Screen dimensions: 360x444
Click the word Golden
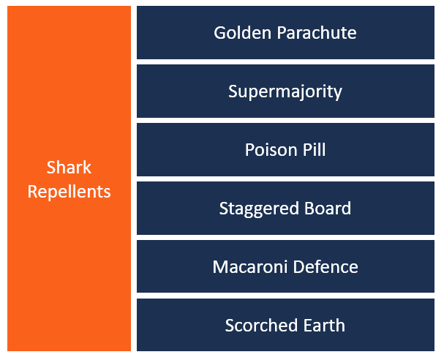coord(238,33)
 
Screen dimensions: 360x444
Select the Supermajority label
coord(285,91)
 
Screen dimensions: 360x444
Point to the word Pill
coord(311,150)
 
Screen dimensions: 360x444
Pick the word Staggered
coord(254,209)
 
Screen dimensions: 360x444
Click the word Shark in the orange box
coord(69,168)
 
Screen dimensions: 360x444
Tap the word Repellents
coord(69,192)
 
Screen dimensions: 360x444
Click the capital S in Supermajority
coord(233,91)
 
